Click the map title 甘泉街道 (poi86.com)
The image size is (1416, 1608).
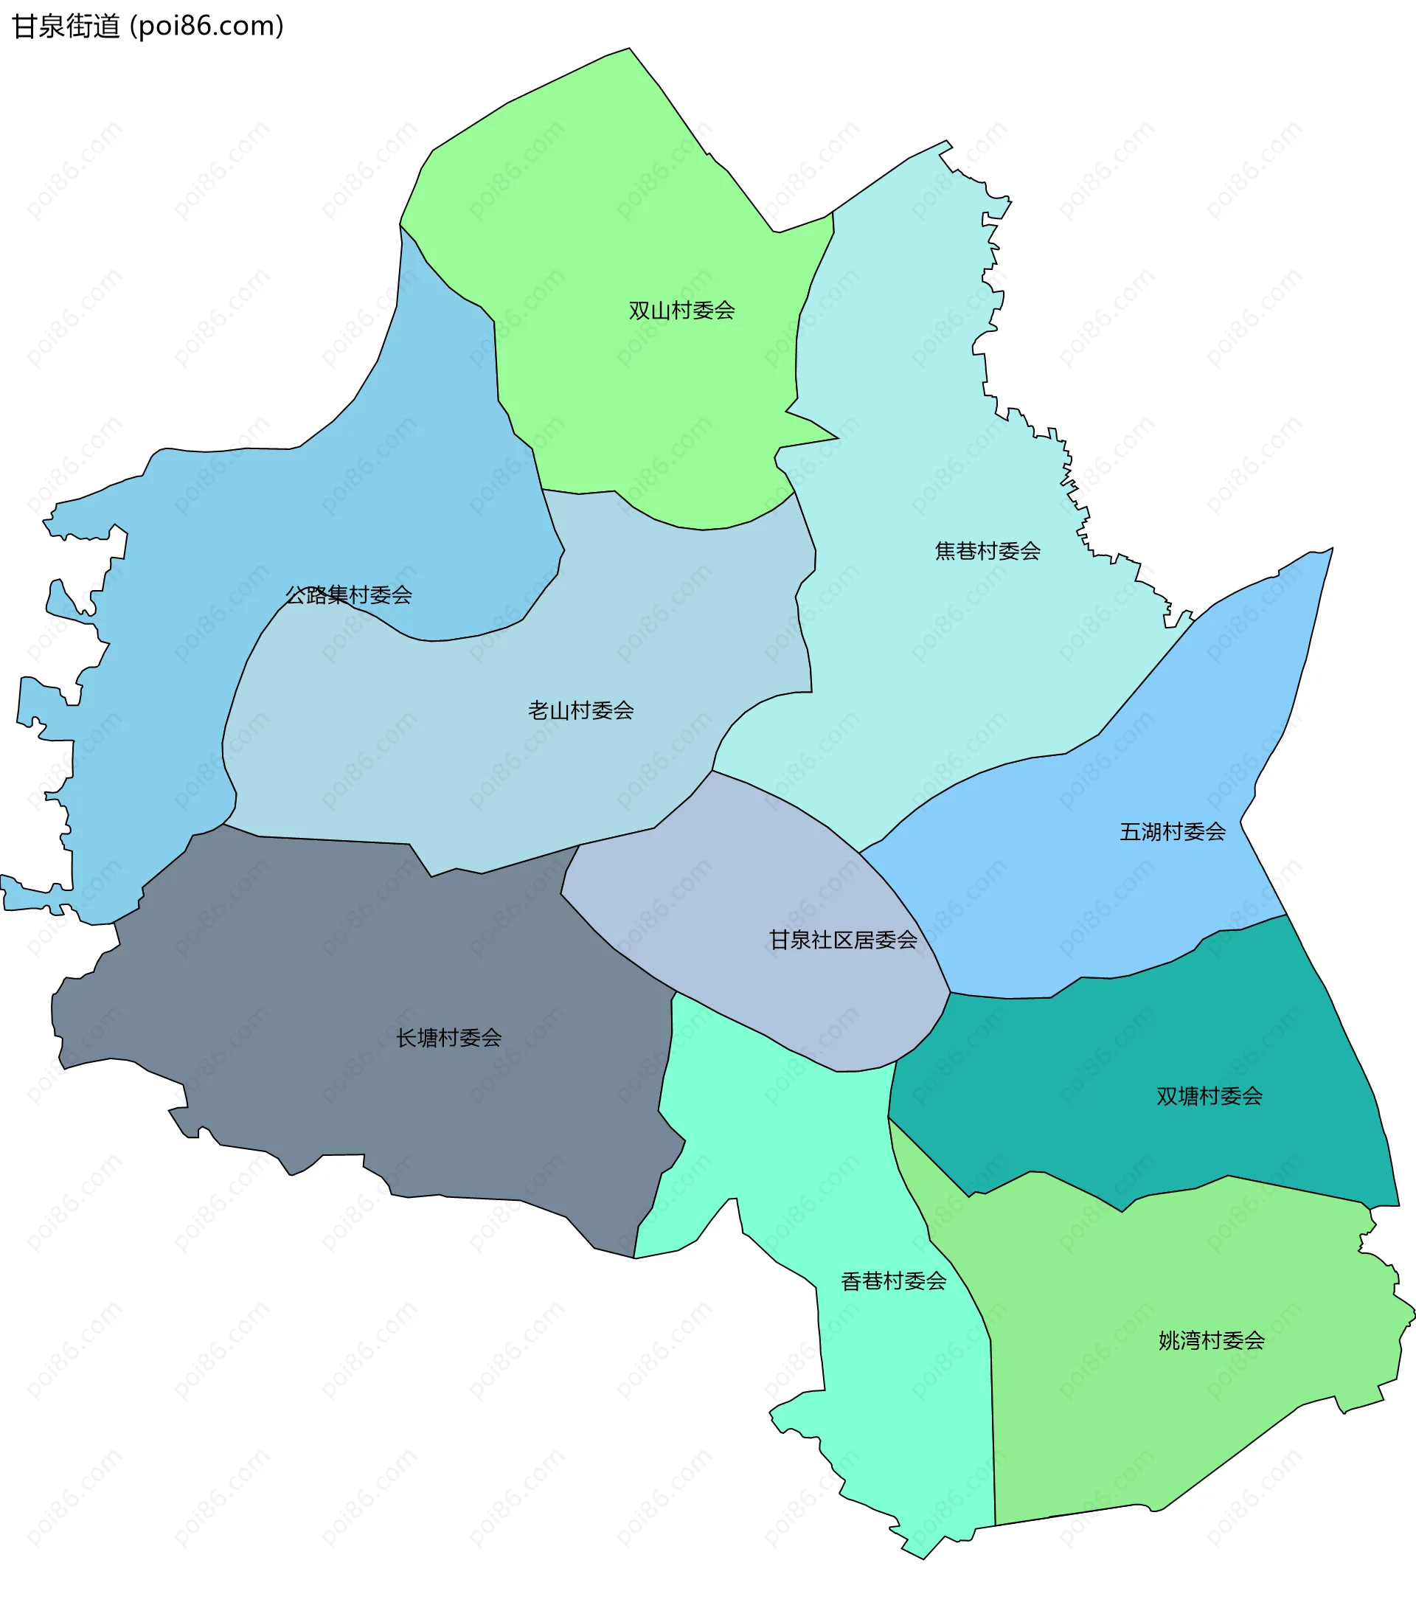point(148,26)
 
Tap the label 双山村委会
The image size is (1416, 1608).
point(681,311)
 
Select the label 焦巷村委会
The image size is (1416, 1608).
point(988,551)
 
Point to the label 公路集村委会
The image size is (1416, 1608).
point(349,595)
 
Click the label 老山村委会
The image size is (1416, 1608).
point(580,710)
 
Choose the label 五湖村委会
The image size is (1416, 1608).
point(1172,831)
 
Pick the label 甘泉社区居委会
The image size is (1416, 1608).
point(842,939)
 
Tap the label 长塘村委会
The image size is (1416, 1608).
point(448,1038)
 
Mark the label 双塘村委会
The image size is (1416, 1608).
point(1209,1096)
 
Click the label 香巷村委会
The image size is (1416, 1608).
point(894,1280)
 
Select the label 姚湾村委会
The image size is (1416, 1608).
point(1212,1340)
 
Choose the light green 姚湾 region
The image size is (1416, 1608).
point(1141,1416)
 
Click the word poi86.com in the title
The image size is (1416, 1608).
point(206,26)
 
